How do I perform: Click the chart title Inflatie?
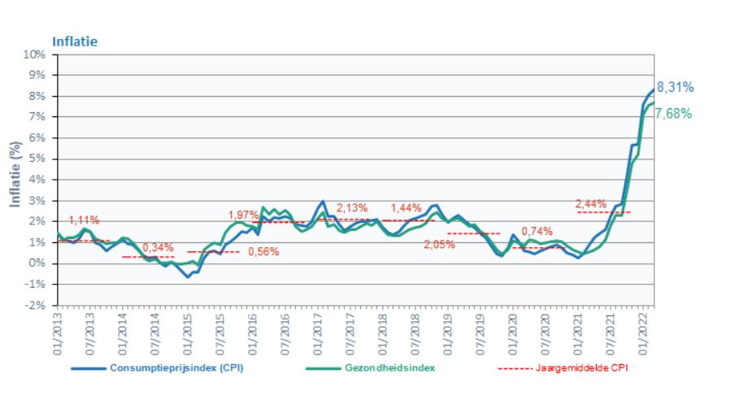pyautogui.click(x=74, y=40)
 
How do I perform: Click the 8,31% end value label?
pyautogui.click(x=675, y=88)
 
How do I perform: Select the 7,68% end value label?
pyautogui.click(x=673, y=114)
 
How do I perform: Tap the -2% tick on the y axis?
pyautogui.click(x=35, y=305)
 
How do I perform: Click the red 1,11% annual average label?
pyautogui.click(x=84, y=220)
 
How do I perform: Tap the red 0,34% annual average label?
pyautogui.click(x=158, y=247)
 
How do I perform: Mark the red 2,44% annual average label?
pyautogui.click(x=590, y=203)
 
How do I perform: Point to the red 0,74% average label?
pyautogui.click(x=537, y=231)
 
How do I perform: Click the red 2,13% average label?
pyautogui.click(x=352, y=208)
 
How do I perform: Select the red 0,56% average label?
pyautogui.click(x=263, y=251)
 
